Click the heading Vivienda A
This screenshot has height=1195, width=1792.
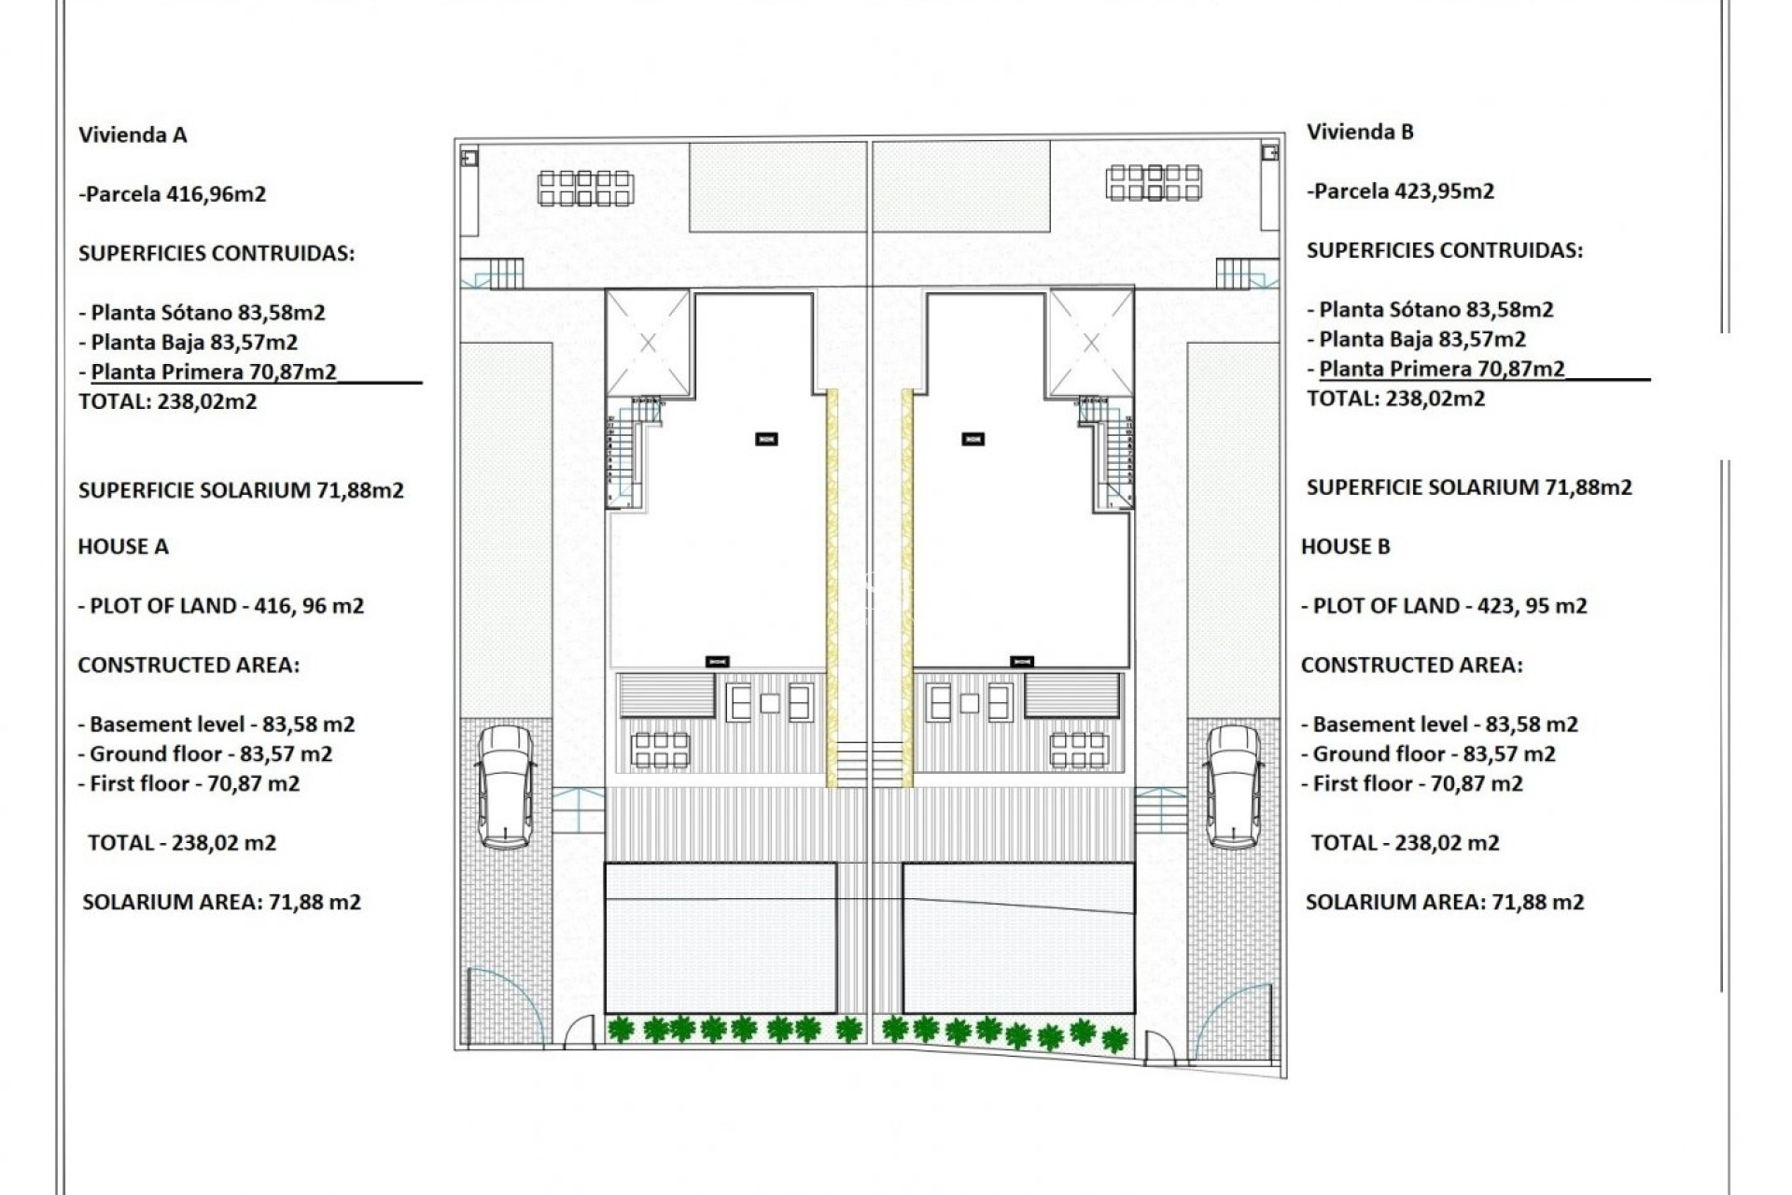(133, 135)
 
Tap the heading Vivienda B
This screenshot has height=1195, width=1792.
(1360, 133)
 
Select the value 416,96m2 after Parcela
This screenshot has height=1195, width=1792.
(216, 194)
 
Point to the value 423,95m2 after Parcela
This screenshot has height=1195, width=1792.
(1444, 191)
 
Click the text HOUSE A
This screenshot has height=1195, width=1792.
(123, 547)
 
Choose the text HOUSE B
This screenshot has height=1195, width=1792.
(1345, 547)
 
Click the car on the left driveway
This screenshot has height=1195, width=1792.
(506, 786)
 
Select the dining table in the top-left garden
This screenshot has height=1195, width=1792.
(585, 188)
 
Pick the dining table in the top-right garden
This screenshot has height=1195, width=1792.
(1154, 182)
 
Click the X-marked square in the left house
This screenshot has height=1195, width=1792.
(648, 344)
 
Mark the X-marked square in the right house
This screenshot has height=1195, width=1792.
(1091, 344)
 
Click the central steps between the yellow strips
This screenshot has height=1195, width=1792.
(869, 764)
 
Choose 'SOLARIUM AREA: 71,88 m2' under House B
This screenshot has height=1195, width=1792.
(1444, 902)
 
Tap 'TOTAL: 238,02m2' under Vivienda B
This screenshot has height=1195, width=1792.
(1395, 399)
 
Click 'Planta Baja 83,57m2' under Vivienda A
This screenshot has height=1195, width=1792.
(194, 343)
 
